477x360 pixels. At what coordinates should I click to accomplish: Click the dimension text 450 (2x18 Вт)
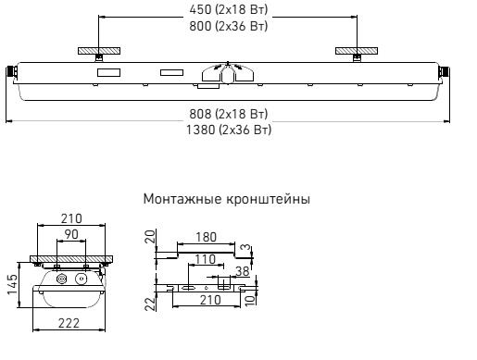[229, 9]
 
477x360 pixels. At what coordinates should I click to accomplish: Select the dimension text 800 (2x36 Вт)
[229, 26]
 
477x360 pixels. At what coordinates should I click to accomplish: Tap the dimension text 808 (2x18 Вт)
[229, 114]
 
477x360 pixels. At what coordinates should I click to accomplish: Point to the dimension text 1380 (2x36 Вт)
[229, 130]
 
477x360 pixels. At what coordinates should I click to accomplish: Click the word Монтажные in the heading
[182, 199]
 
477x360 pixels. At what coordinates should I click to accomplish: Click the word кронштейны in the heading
[269, 199]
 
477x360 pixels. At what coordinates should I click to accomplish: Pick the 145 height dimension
[13, 284]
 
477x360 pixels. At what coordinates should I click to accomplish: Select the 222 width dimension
[69, 323]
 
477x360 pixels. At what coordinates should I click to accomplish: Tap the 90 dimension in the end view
[71, 234]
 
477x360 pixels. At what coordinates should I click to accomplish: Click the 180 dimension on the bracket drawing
[207, 237]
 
